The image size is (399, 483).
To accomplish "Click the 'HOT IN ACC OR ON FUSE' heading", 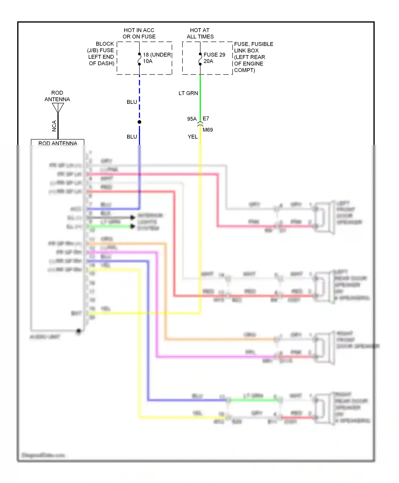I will coord(139,33).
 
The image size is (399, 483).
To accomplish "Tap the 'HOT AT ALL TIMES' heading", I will coord(200,33).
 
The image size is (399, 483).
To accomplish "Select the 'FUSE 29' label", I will coord(214,55).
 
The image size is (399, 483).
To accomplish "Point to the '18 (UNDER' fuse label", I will coord(157,55).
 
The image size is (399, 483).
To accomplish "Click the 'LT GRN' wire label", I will coord(188,93).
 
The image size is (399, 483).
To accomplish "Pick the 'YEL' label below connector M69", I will coord(193,137).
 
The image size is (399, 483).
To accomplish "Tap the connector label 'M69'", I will coord(208,130).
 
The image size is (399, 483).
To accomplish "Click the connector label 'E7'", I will coord(206,118).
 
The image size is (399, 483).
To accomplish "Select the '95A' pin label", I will coord(192,119).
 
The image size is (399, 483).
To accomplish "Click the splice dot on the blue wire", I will coord(139,122).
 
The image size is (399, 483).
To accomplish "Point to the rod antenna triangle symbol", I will coord(58,108).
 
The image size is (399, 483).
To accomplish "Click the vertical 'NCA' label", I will coord(54,126).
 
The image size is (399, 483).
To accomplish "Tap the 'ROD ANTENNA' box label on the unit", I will coord(58,143).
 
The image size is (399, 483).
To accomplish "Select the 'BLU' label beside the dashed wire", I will coord(132,102).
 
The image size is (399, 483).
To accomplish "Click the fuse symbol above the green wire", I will coord(200,59).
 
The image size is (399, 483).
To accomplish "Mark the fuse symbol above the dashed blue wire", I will coord(139,59).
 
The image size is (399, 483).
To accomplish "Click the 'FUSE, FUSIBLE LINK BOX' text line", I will coord(253,44).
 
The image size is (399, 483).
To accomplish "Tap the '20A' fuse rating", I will coord(208,61).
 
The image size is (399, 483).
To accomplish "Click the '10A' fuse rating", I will coord(148,61).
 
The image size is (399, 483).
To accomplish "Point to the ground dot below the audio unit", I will coord(78,331).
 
